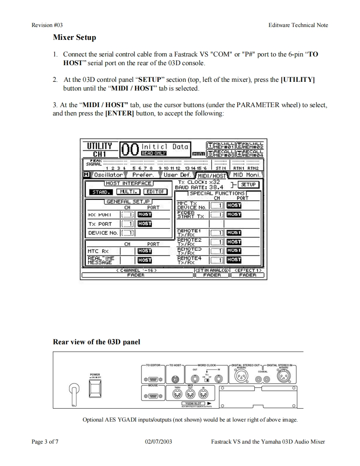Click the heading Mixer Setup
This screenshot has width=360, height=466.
coord(74,37)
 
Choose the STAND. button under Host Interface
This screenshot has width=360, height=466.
coord(100,191)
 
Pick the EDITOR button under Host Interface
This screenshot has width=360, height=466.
coord(155,191)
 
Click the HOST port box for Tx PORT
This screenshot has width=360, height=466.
coord(144,223)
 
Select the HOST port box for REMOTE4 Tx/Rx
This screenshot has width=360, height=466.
coord(234,260)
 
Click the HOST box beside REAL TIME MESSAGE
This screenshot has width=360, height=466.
coord(144,260)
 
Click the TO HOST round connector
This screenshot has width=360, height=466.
coord(175,378)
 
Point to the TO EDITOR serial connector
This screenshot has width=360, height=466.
coord(154,379)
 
